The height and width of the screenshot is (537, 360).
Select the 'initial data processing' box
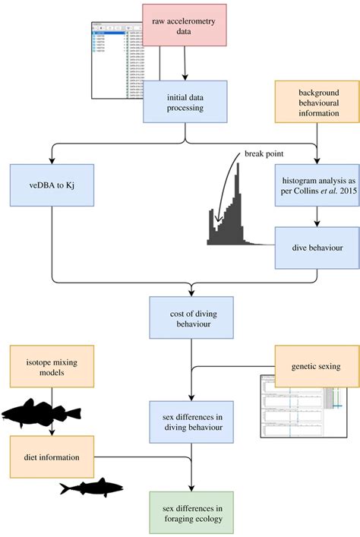click(x=185, y=101)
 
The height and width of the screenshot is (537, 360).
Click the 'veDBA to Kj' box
click(x=51, y=185)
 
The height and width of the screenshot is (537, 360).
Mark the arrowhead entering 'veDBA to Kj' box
click(x=51, y=160)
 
